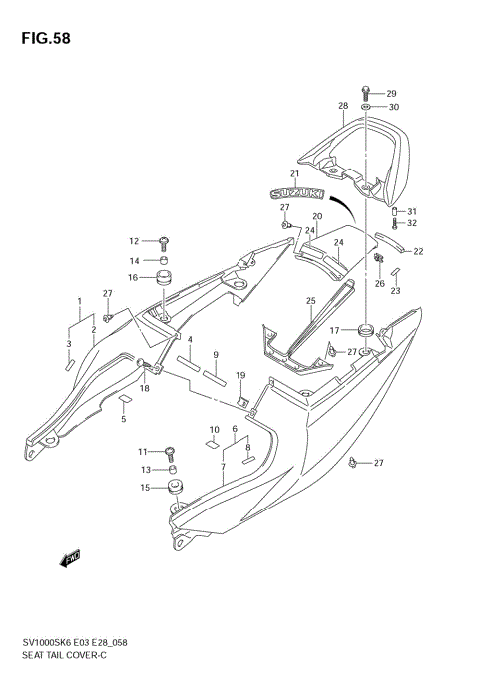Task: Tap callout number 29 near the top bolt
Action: tap(391, 92)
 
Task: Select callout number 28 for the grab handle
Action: tap(342, 106)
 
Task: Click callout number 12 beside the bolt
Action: tap(133, 240)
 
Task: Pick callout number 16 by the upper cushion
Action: tap(133, 278)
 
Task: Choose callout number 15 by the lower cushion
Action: tap(145, 488)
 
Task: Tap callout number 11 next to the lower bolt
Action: tap(143, 451)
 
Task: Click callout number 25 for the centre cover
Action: tap(310, 301)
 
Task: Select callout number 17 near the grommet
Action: tap(336, 330)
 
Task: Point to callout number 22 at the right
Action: tap(418, 251)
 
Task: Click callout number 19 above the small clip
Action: tap(240, 375)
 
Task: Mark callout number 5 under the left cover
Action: tap(123, 419)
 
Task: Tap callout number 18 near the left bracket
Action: tap(144, 388)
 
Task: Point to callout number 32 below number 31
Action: tap(412, 223)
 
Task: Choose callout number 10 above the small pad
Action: tap(213, 431)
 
